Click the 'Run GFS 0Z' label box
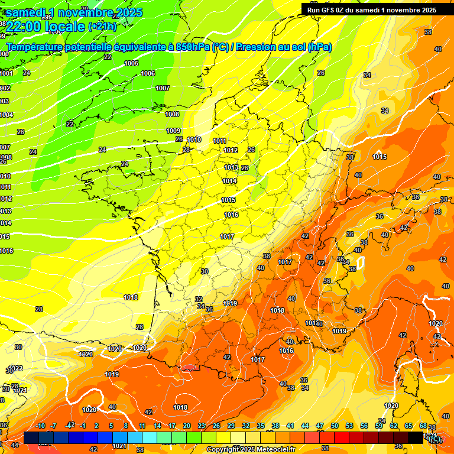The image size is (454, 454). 372,9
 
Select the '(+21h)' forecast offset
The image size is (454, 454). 102,26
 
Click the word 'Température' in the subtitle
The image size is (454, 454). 34,47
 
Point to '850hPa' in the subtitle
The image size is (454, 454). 193,47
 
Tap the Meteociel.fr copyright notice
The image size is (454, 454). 251,449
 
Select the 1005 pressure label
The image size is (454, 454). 131,63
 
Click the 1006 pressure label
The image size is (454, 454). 148,74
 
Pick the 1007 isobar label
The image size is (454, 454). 163,88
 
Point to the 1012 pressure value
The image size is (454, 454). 231,151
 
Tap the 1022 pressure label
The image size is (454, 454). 16,368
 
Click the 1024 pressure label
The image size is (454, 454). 20,391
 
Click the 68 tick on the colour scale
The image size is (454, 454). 423,426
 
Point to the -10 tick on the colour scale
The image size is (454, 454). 40,426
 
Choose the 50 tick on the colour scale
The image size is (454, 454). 335,426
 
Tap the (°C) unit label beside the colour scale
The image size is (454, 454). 434,439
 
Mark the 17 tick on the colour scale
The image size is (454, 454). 172,426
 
